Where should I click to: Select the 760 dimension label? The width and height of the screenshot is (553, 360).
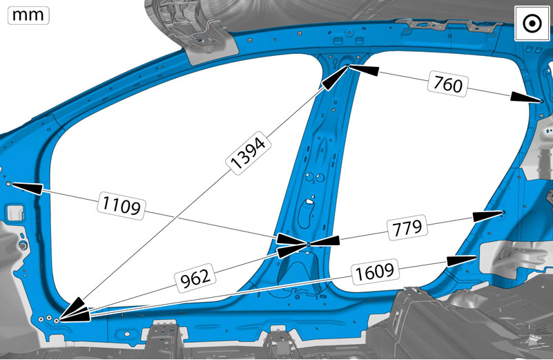tap(447, 84)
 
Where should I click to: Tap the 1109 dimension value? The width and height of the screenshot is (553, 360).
tap(122, 205)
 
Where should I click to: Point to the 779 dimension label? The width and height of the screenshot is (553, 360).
tap(407, 228)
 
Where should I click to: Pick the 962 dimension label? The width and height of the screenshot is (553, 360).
tap(195, 277)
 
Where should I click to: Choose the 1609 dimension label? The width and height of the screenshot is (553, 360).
tap(375, 272)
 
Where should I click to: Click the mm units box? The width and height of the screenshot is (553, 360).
tap(28, 15)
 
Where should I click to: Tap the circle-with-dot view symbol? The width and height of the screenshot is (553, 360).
tap(532, 23)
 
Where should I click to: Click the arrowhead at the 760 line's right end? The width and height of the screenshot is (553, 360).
tap(525, 97)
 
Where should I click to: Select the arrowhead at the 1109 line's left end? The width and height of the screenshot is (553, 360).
tap(28, 187)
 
